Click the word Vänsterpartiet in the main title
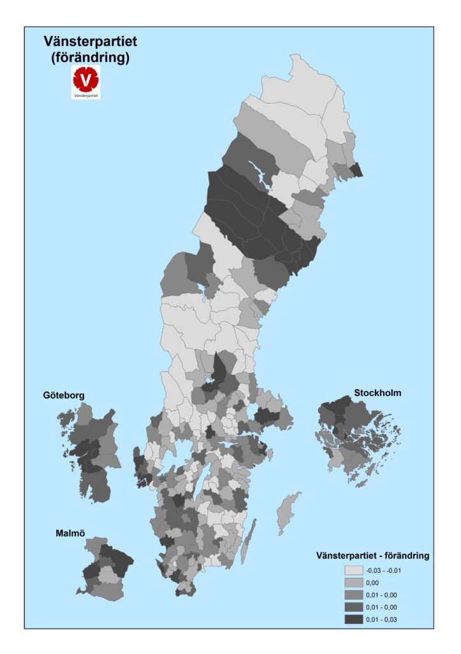pyautogui.click(x=90, y=42)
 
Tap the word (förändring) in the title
pyautogui.click(x=90, y=57)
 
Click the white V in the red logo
pyautogui.click(x=85, y=80)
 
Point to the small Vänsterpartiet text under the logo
pyautogui.click(x=85, y=95)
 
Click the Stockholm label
pyautogui.click(x=377, y=393)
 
